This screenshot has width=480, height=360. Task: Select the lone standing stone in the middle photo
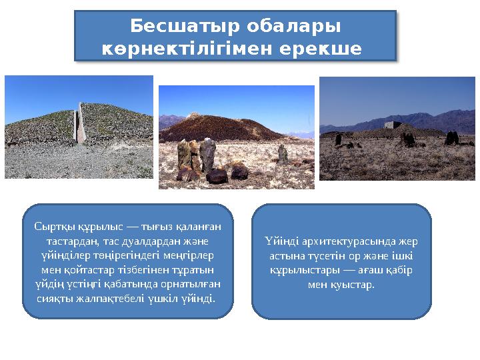click(283, 155)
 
